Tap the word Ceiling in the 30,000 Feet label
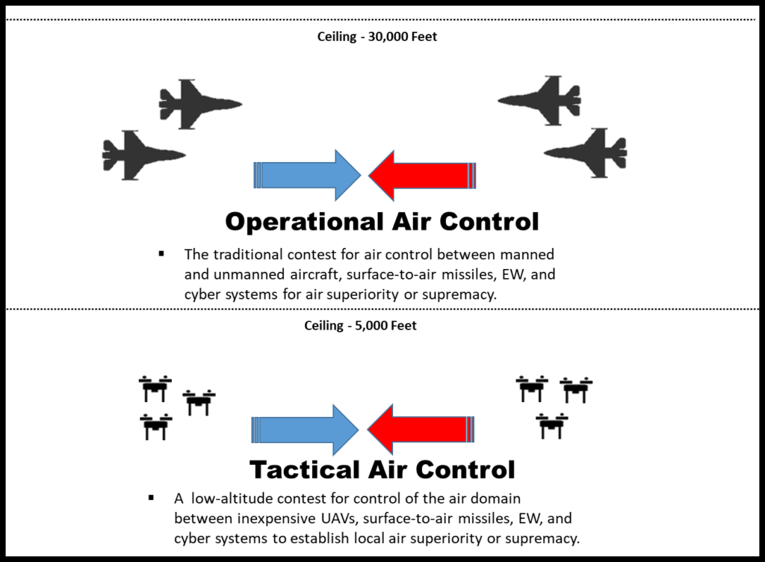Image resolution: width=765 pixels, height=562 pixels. [x=336, y=37]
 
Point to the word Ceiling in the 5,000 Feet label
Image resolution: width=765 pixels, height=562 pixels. [x=323, y=326]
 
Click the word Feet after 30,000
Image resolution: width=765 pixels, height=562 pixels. [x=424, y=37]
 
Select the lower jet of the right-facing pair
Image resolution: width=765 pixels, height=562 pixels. [x=139, y=155]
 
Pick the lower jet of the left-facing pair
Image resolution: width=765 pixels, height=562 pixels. [x=590, y=153]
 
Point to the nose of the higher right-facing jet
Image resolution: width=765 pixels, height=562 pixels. [x=241, y=104]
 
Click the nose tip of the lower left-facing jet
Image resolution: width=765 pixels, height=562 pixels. [x=545, y=153]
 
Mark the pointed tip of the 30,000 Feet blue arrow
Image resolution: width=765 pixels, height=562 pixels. [x=362, y=175]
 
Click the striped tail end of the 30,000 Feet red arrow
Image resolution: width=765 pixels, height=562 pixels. [x=472, y=176]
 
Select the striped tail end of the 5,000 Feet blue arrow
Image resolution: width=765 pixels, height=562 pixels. [x=255, y=430]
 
